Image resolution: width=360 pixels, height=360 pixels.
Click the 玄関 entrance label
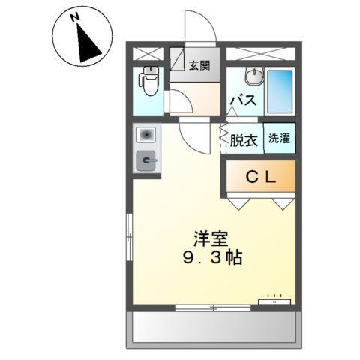pyautogui.click(x=199, y=65)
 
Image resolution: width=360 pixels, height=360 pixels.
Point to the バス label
pyautogui.click(x=243, y=100)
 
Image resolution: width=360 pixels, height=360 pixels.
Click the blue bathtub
pyautogui.click(x=280, y=92)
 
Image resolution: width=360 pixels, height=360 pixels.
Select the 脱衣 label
pyautogui.click(x=243, y=140)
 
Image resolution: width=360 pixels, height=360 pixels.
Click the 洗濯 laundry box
pyautogui.click(x=280, y=139)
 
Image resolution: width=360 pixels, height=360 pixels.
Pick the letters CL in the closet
pyautogui.click(x=257, y=178)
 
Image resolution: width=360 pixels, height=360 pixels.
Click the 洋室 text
pyautogui.click(x=211, y=238)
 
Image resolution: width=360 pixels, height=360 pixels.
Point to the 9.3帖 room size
pyautogui.click(x=211, y=258)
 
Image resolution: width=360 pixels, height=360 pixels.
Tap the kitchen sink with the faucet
pyautogui.click(x=146, y=136)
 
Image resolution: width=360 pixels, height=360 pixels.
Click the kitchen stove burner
pyautogui.click(x=146, y=160)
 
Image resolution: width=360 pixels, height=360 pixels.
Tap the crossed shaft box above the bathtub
pyautogui.click(x=262, y=53)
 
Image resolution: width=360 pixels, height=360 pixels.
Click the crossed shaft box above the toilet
pyautogui.click(x=148, y=53)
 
